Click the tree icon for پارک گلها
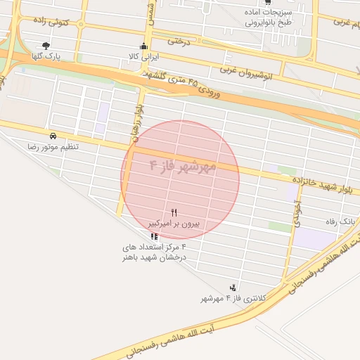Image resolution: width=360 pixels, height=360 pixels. (x=46, y=45)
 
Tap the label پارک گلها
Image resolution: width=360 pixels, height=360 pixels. (x=47, y=55)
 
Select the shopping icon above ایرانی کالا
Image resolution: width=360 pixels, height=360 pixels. (x=144, y=46)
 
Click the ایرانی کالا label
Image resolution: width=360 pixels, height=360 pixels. (x=144, y=56)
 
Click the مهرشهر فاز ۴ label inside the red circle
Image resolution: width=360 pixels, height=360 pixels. (x=182, y=167)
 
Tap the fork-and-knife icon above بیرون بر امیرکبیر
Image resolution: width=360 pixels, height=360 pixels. (x=174, y=212)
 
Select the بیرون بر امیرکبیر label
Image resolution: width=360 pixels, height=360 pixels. (x=174, y=224)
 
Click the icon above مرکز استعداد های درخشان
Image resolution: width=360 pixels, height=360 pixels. (x=154, y=236)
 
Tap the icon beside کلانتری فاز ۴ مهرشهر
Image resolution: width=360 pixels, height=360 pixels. (x=233, y=287)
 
